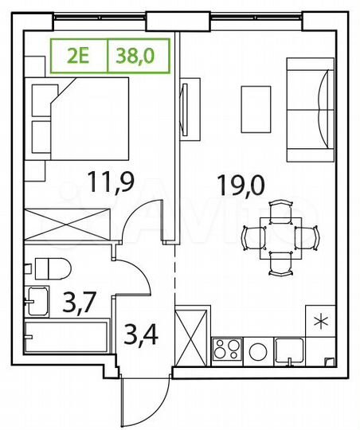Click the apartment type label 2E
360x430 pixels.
(x=77, y=56)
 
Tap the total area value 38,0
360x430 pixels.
(x=137, y=56)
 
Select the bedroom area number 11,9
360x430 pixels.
(x=111, y=183)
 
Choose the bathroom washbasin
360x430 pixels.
(x=37, y=300)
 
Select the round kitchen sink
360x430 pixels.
(x=259, y=350)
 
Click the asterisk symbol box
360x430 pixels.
(x=320, y=321)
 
